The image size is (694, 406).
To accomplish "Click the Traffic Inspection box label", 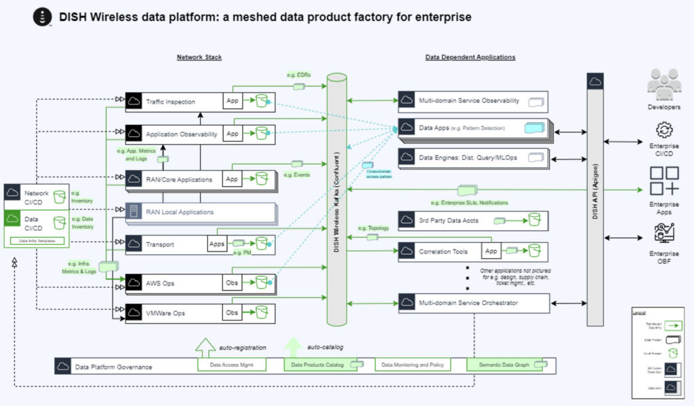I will point(171,102).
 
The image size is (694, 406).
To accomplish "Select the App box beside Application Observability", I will point(232,134).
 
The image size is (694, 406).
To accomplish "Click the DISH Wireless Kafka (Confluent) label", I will point(337,203).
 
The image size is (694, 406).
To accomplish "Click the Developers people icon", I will point(664,83).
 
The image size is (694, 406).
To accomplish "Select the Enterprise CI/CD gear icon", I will point(664,130).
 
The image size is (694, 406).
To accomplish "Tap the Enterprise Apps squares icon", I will point(664,180).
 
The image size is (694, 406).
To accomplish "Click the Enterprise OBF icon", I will point(664,234).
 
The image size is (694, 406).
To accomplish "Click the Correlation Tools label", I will point(443,251).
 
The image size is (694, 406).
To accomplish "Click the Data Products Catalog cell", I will point(317,365).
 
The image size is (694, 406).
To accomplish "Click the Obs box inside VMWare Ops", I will point(232,312).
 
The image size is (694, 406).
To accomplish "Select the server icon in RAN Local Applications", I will point(134,212).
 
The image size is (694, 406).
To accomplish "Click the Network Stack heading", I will point(199,58).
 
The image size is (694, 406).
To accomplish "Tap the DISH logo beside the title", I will point(43,16).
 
